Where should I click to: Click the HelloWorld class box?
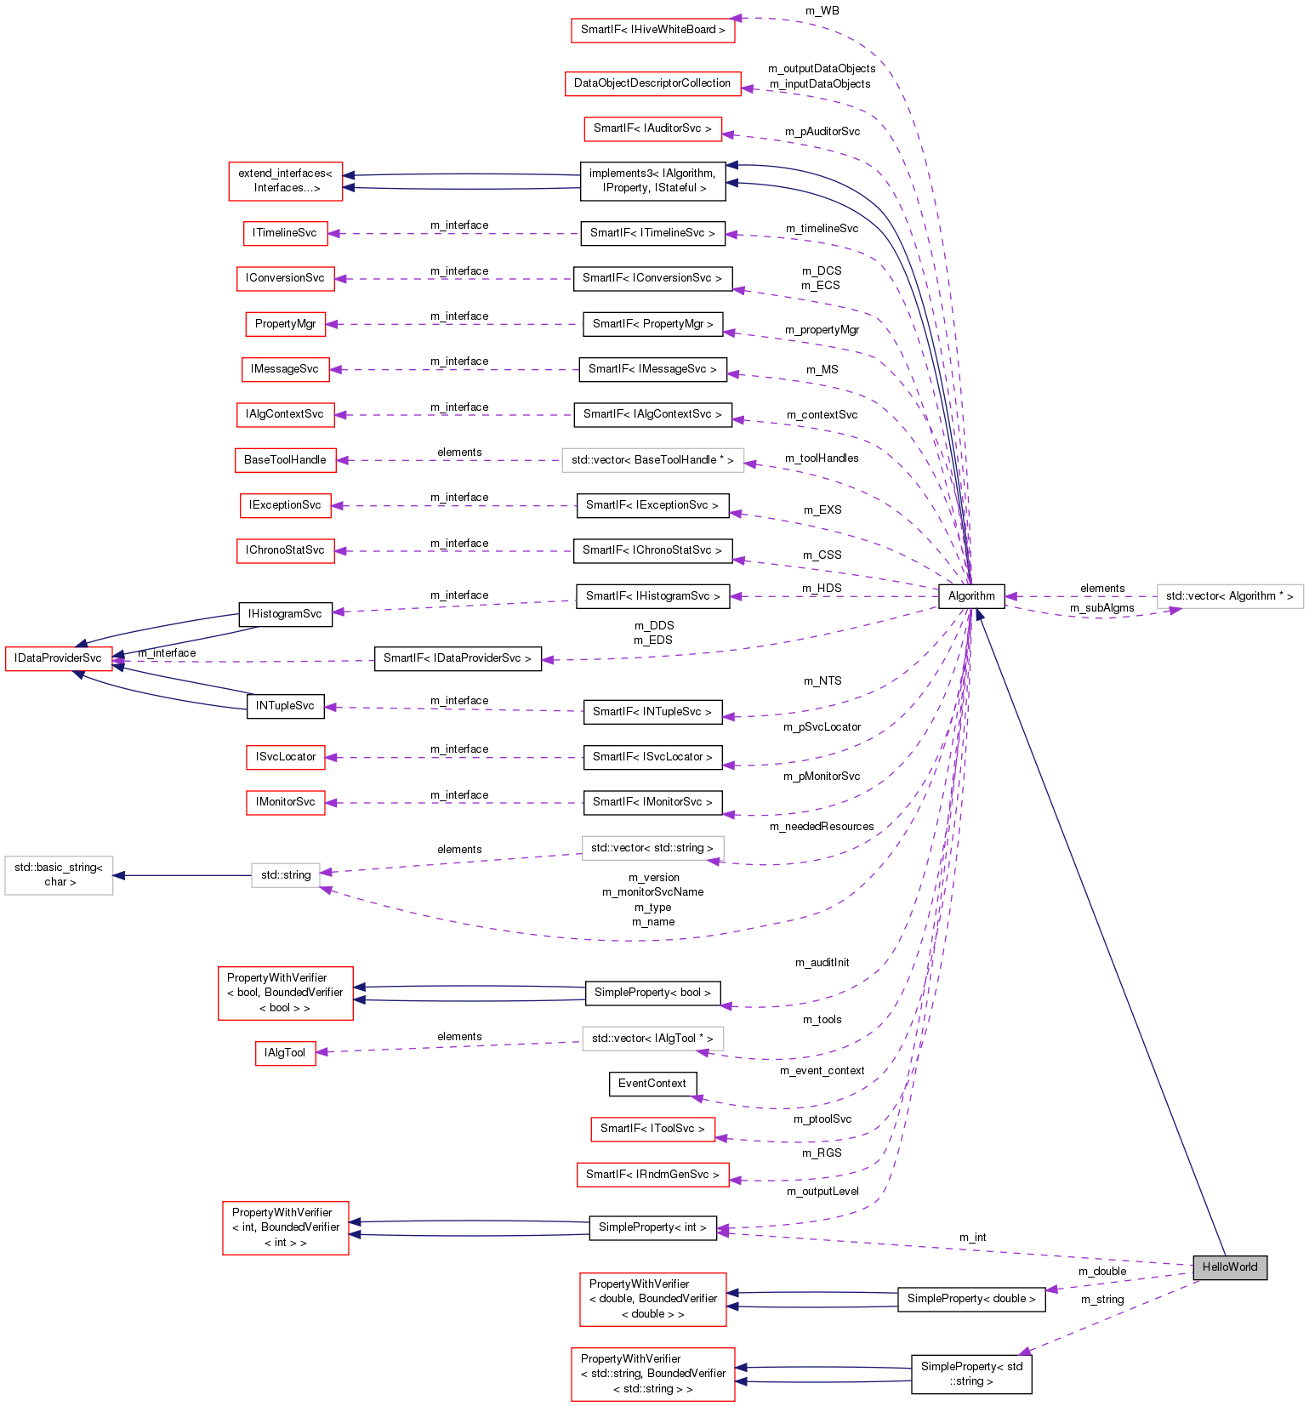1229,1267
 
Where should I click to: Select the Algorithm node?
970,595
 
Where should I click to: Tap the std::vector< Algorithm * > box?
1229,595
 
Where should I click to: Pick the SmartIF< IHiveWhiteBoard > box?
652,29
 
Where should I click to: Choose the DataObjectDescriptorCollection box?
652,83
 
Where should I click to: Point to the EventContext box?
652,1083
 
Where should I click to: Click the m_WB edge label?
822,10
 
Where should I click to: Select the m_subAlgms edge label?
1101,607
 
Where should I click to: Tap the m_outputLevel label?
822,1191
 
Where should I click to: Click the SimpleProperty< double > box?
970,1298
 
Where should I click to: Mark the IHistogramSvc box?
285,613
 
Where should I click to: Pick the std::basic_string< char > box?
59,874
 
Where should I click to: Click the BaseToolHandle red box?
285,459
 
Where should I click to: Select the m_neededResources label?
822,826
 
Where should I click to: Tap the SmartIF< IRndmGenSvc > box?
652,1174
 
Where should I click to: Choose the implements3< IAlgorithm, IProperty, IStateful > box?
652,180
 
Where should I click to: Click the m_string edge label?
1102,1299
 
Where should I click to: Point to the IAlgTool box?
285,1052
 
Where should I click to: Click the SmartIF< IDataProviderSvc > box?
457,657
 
